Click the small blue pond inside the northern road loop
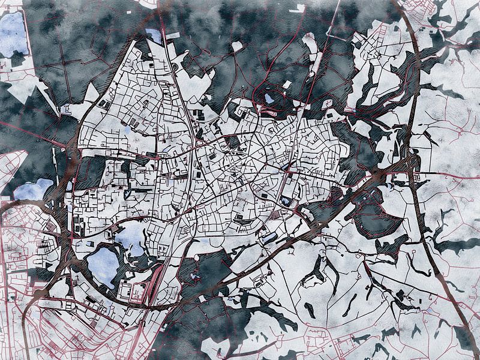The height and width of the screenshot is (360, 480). coord(269,98)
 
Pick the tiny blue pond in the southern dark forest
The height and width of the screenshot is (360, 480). coord(193,277)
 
